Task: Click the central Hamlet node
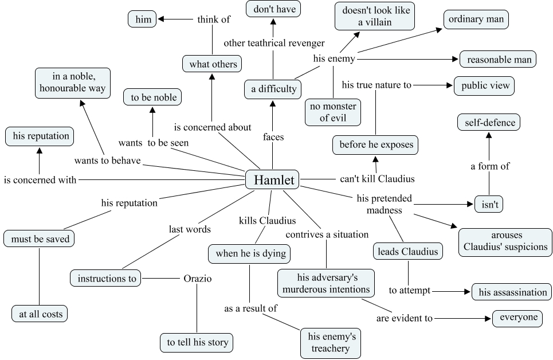point(272,180)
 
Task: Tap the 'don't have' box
point(273,9)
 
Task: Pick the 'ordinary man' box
point(476,19)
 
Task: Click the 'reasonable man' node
point(498,59)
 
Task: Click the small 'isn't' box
point(489,204)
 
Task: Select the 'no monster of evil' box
point(333,112)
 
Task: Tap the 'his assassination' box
point(512,292)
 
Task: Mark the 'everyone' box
point(518,318)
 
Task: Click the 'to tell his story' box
point(198,343)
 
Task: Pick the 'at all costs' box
point(40,314)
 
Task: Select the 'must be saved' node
point(40,239)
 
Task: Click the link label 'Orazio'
point(198,279)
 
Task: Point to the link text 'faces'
point(273,137)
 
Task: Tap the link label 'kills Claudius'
point(267,220)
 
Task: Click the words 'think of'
point(213,19)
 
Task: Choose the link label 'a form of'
point(490,166)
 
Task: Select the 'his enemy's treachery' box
point(332,342)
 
